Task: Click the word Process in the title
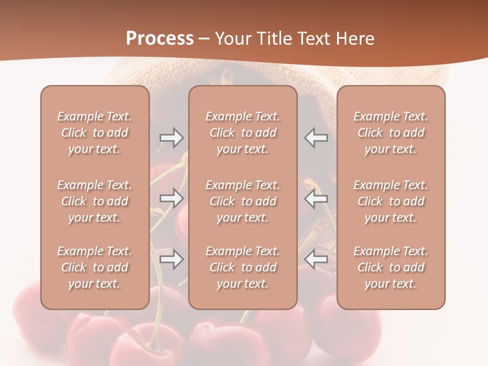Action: [x=160, y=39]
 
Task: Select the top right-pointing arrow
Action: [x=171, y=138]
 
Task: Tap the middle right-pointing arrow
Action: [x=171, y=198]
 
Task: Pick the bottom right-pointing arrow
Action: [x=171, y=260]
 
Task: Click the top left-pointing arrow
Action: [x=316, y=138]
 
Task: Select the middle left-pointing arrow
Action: [x=316, y=198]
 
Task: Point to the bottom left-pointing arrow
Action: [x=316, y=260]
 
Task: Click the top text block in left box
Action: [x=95, y=133]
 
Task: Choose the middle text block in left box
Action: [x=95, y=201]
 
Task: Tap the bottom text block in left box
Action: [x=95, y=267]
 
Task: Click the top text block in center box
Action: [x=243, y=133]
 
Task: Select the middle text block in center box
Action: [x=243, y=201]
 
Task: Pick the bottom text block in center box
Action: [x=243, y=267]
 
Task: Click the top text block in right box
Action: [x=391, y=133]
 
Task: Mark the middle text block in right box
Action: [x=391, y=201]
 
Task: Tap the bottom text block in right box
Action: [x=391, y=267]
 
